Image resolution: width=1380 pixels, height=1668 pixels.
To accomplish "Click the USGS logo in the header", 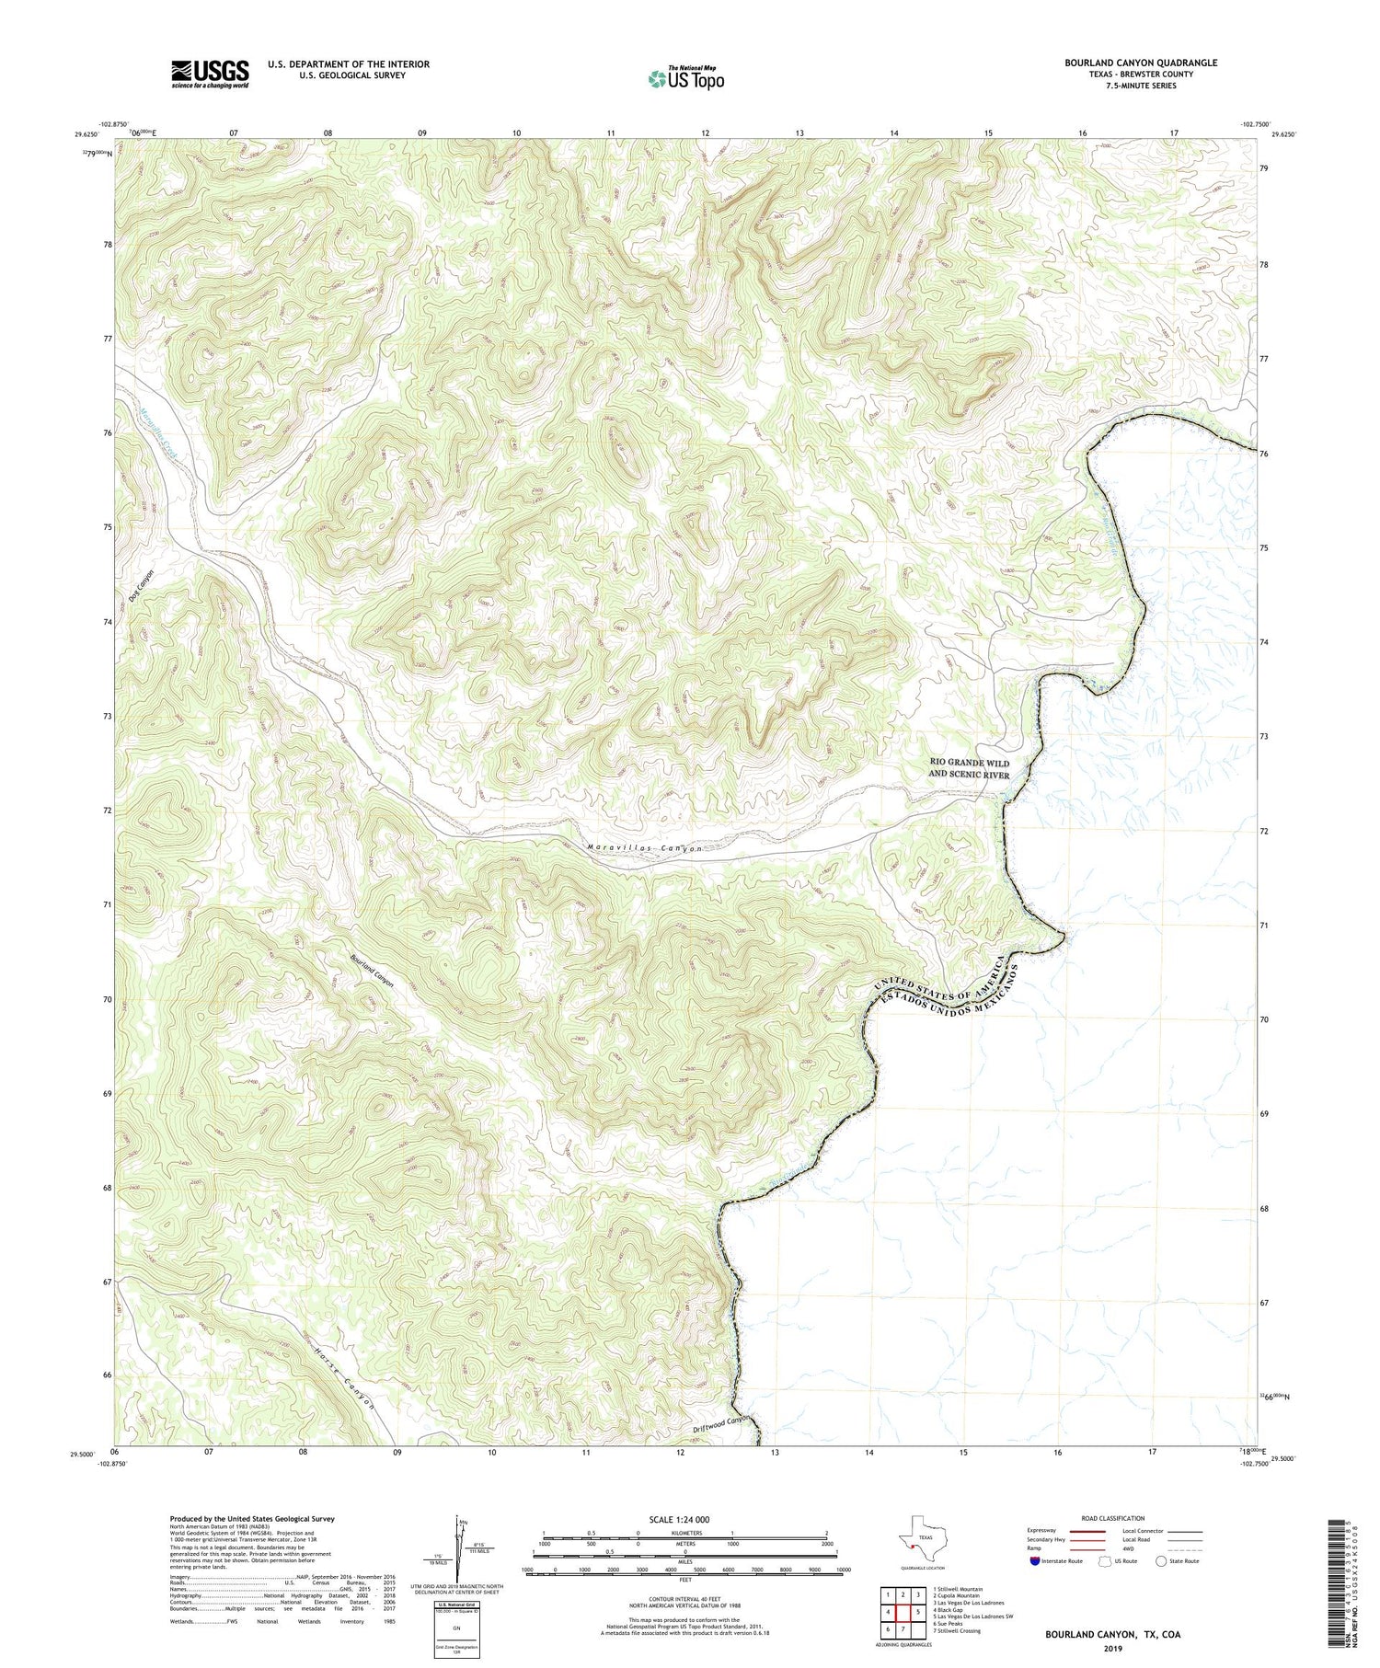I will click(x=210, y=74).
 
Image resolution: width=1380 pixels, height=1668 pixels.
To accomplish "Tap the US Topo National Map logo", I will click(x=685, y=79).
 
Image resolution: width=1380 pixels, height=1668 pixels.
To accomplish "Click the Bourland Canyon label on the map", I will click(x=372, y=972).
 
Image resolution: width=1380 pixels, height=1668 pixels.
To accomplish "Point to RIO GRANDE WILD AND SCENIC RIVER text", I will click(x=969, y=768).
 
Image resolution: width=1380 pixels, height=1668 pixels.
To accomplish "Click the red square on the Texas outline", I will click(x=911, y=1557).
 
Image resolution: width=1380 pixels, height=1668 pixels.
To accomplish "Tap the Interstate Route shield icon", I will click(x=1035, y=1561).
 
